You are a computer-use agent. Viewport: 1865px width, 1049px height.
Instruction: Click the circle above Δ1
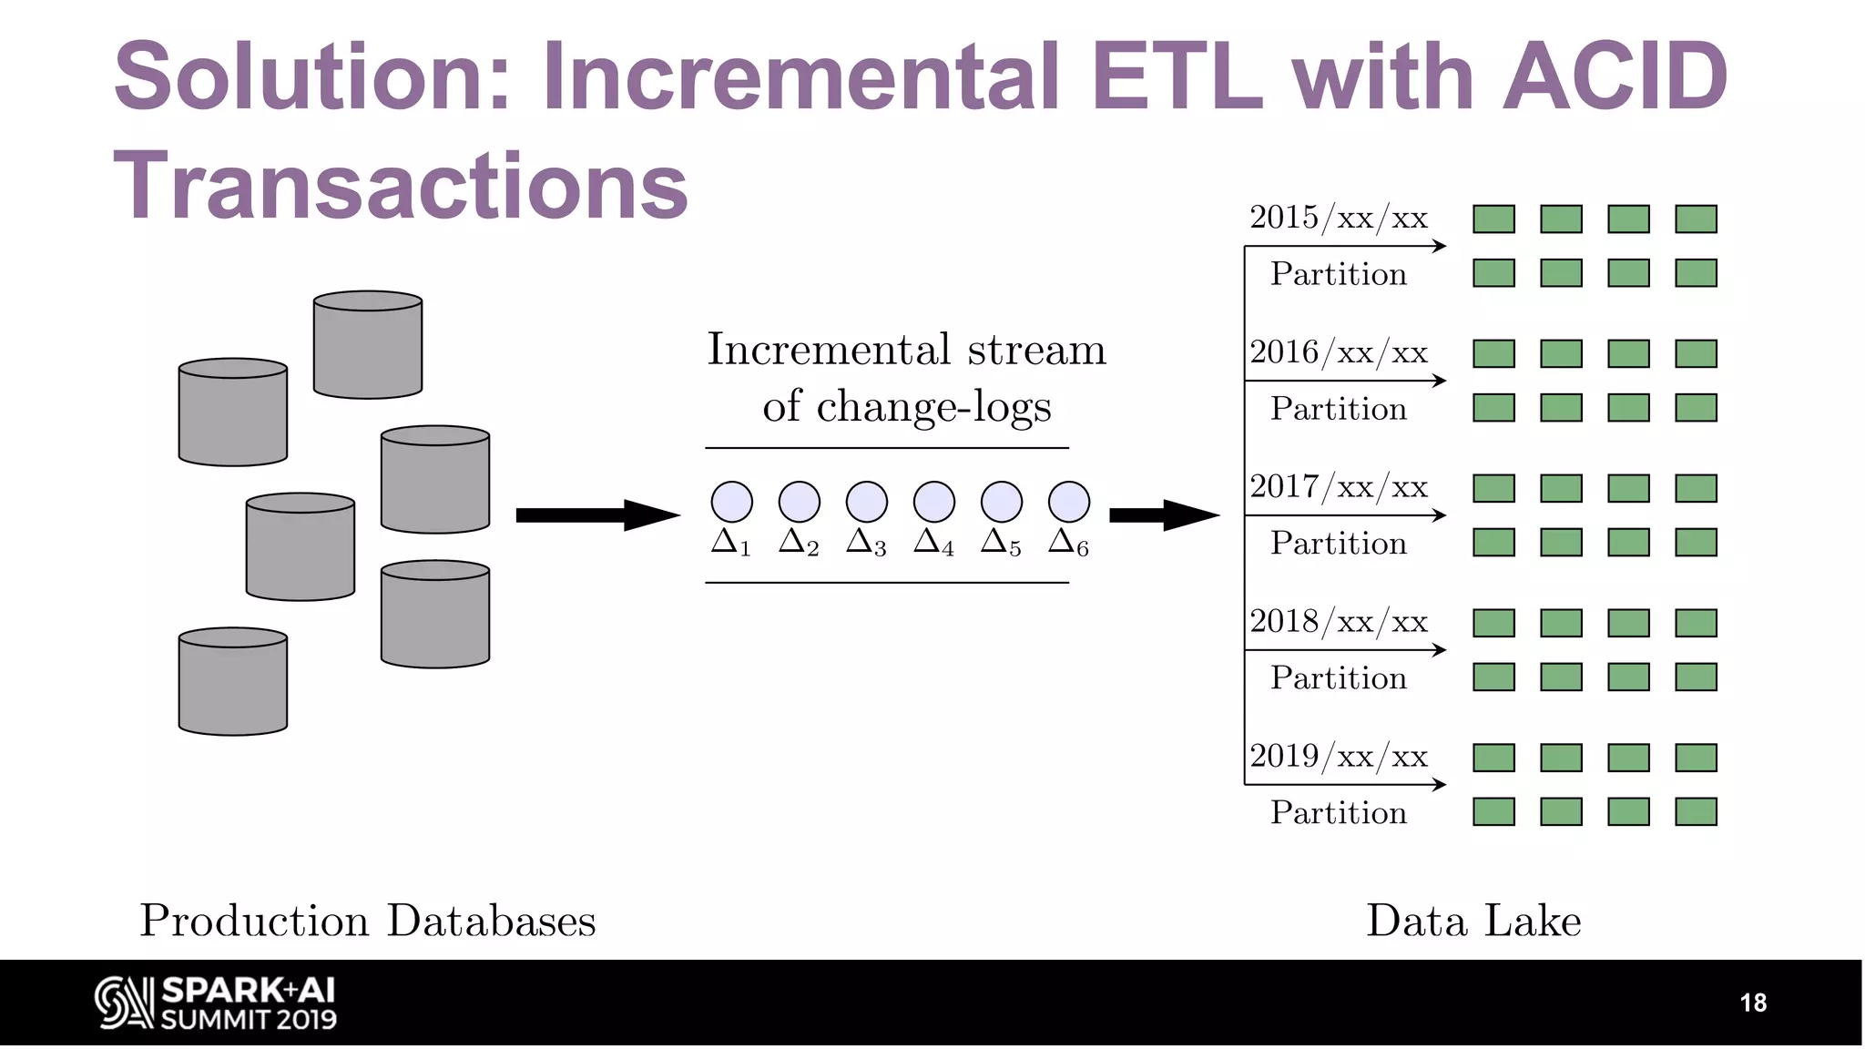731,502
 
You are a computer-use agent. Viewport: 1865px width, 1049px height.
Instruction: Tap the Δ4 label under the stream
934,543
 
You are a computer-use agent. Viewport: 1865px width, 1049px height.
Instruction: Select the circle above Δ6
1068,502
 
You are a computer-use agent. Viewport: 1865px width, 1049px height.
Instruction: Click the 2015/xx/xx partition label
1338,218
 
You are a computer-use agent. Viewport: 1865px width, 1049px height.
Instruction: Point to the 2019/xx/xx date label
1338,757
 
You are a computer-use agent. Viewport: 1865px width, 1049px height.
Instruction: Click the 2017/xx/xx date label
1338,487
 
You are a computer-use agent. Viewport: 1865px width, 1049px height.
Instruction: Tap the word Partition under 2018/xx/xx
1338,678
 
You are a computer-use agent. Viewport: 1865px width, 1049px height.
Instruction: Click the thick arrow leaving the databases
596,515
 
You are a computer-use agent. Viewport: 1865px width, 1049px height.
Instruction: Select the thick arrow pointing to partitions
1163,515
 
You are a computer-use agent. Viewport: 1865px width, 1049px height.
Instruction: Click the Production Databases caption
368,921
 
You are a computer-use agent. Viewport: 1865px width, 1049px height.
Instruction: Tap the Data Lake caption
1473,921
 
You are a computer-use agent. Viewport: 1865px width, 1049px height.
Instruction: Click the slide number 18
1752,1003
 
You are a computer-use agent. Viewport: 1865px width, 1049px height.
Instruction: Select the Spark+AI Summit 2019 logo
216,1003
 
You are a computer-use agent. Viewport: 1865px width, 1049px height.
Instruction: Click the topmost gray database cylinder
368,345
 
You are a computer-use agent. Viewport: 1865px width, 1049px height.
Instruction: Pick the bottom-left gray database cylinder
233,681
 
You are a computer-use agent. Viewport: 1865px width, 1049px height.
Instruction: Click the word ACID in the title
1614,76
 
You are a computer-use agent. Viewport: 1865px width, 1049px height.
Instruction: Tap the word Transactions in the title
401,186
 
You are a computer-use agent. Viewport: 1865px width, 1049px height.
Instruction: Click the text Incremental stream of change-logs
906,377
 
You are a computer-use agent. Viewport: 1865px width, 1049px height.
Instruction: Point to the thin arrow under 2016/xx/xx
1345,381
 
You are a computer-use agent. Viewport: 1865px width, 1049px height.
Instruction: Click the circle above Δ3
866,502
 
